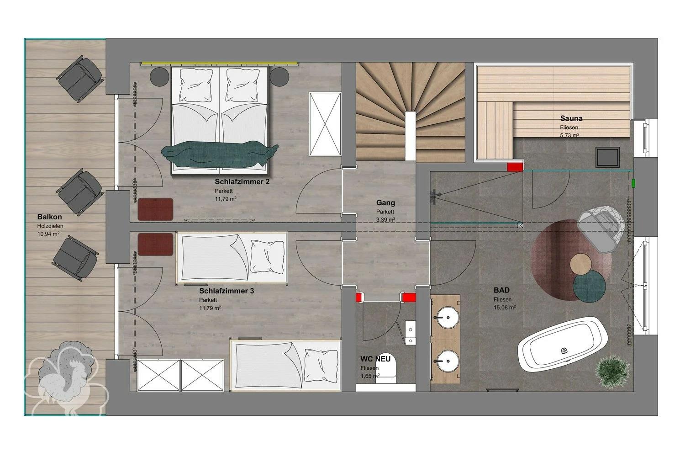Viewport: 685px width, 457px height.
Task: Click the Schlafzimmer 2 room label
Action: pyautogui.click(x=242, y=181)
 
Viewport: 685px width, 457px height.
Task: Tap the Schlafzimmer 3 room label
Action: pyautogui.click(x=227, y=291)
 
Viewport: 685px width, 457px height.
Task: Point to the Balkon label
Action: pyautogui.click(x=49, y=217)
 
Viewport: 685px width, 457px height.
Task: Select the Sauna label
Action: pyautogui.click(x=571, y=118)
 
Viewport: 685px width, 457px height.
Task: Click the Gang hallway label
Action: pyautogui.click(x=385, y=202)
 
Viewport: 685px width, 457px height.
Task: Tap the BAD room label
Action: pyautogui.click(x=501, y=290)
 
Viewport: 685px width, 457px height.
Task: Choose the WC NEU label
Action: pyautogui.click(x=375, y=359)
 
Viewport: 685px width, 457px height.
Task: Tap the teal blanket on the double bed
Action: pyautogui.click(x=220, y=154)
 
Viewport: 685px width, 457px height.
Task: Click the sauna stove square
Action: pyautogui.click(x=607, y=157)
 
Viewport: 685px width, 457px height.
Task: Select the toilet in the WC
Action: pyautogui.click(x=386, y=369)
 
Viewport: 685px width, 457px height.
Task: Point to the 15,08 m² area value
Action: pyautogui.click(x=505, y=307)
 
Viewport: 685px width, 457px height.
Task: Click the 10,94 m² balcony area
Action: pyautogui.click(x=48, y=234)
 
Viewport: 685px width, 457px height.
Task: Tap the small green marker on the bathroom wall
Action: pyautogui.click(x=634, y=183)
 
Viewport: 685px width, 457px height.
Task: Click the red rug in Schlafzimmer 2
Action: pyautogui.click(x=155, y=209)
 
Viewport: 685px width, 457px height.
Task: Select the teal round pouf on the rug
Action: pyautogui.click(x=589, y=287)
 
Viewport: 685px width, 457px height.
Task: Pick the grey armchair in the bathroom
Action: pyautogui.click(x=601, y=228)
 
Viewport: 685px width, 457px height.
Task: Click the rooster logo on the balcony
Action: pyautogui.click(x=66, y=378)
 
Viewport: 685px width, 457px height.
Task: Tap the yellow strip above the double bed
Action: pyautogui.click(x=220, y=64)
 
